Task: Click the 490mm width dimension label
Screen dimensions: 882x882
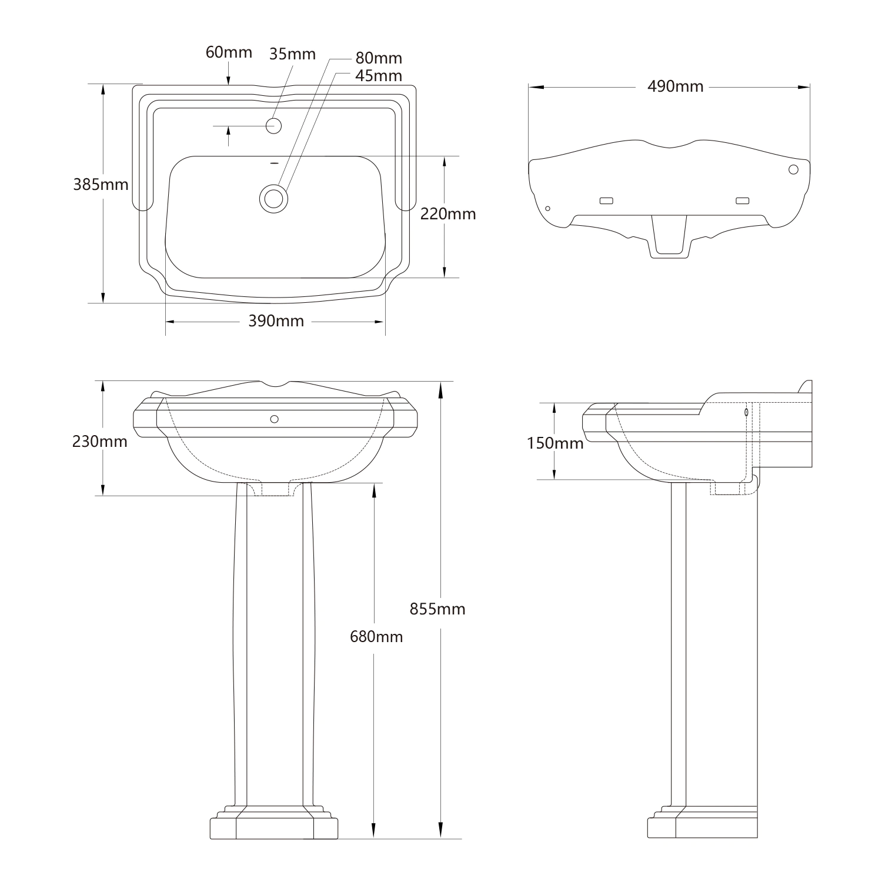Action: click(x=675, y=86)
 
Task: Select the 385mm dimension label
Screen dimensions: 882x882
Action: click(x=101, y=185)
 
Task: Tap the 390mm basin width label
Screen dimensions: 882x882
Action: click(x=276, y=321)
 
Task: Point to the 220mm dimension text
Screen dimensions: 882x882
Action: click(x=447, y=214)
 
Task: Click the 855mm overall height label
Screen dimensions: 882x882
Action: click(x=437, y=609)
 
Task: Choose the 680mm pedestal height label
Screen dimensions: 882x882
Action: click(x=376, y=636)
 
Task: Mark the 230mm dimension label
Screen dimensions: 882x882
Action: click(x=100, y=441)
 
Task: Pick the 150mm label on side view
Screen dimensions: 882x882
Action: click(x=554, y=443)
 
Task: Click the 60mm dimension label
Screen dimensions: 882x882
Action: click(x=229, y=52)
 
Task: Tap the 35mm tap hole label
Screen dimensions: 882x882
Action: click(x=292, y=54)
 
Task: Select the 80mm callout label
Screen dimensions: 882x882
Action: click(x=379, y=58)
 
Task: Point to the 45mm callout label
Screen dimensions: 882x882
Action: click(x=379, y=76)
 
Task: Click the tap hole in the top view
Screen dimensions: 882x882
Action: click(x=274, y=125)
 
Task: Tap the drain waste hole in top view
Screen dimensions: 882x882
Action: click(x=274, y=198)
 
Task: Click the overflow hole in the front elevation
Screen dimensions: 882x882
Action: click(x=274, y=419)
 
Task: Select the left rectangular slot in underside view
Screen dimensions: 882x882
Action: click(x=606, y=201)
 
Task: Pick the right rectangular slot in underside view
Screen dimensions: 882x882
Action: click(x=743, y=201)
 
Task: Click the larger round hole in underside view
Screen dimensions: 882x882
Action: click(x=793, y=169)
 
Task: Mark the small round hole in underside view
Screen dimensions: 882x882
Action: click(x=548, y=209)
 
